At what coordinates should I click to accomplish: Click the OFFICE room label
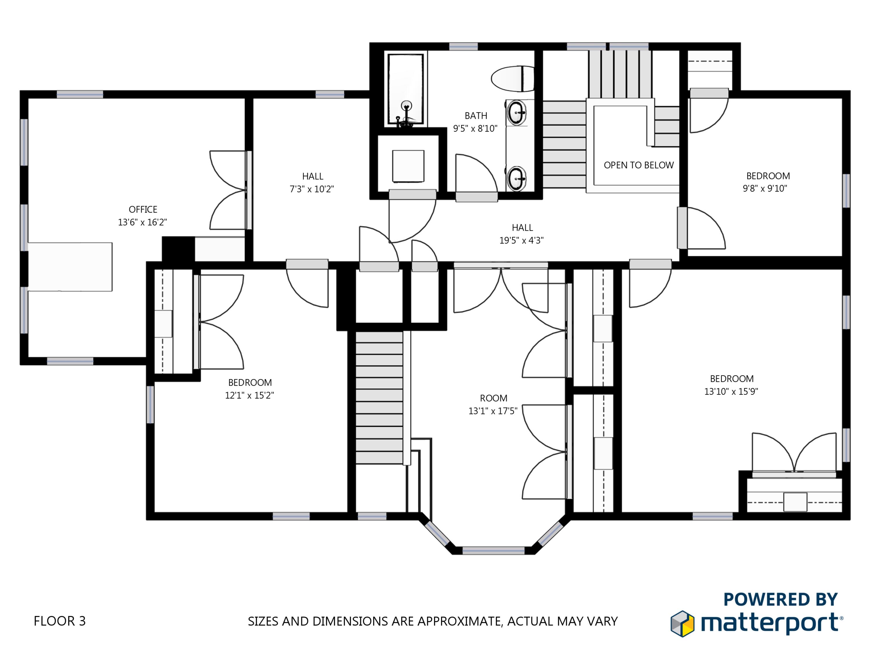[143, 210]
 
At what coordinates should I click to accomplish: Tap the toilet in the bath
[512, 79]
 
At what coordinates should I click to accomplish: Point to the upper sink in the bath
[517, 113]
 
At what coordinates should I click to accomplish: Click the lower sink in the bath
[517, 179]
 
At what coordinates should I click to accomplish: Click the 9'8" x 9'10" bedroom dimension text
[765, 189]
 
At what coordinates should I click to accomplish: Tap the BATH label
[476, 116]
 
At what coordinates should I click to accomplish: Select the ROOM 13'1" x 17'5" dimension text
[493, 411]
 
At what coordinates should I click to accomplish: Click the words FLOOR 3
[60, 621]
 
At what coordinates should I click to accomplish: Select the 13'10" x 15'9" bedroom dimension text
[731, 391]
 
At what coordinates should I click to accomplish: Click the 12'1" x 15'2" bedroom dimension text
[249, 395]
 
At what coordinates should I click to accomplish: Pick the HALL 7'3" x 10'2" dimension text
[312, 189]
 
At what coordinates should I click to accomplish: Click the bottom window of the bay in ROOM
[493, 550]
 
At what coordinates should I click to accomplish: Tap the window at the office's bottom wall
[70, 361]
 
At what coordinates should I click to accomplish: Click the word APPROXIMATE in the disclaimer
[458, 621]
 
